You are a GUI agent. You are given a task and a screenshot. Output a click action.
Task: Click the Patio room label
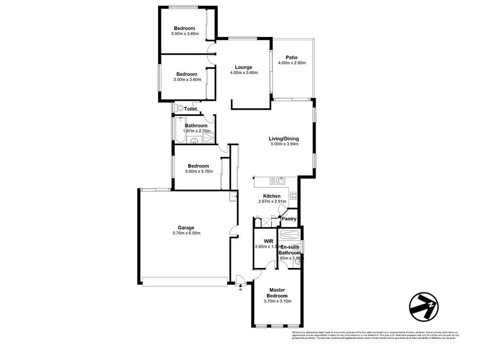tap(292, 58)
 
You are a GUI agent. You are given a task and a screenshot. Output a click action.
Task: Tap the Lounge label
tap(244, 67)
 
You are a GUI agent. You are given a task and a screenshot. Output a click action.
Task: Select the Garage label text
tap(186, 228)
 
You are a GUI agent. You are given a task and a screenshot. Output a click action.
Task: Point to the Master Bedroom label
tap(277, 292)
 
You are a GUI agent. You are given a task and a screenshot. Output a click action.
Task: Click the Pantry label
tap(289, 219)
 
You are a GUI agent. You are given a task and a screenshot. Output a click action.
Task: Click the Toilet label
tap(191, 109)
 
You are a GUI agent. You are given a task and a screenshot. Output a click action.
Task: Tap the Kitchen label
tap(272, 196)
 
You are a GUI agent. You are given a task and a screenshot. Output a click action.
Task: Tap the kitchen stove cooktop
tap(294, 195)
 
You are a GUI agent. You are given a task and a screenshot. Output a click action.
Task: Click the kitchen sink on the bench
tap(279, 181)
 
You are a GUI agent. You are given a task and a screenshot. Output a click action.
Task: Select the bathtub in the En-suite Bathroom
tap(289, 235)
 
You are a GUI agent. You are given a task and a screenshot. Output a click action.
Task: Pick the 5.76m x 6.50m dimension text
tap(186, 233)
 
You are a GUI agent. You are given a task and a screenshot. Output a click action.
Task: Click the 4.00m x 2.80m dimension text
tap(292, 63)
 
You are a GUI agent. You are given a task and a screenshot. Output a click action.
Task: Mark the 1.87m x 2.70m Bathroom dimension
tap(196, 131)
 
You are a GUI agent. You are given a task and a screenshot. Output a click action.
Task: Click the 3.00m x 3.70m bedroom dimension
tap(198, 171)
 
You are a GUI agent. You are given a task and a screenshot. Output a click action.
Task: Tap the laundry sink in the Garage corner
tap(233, 196)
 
